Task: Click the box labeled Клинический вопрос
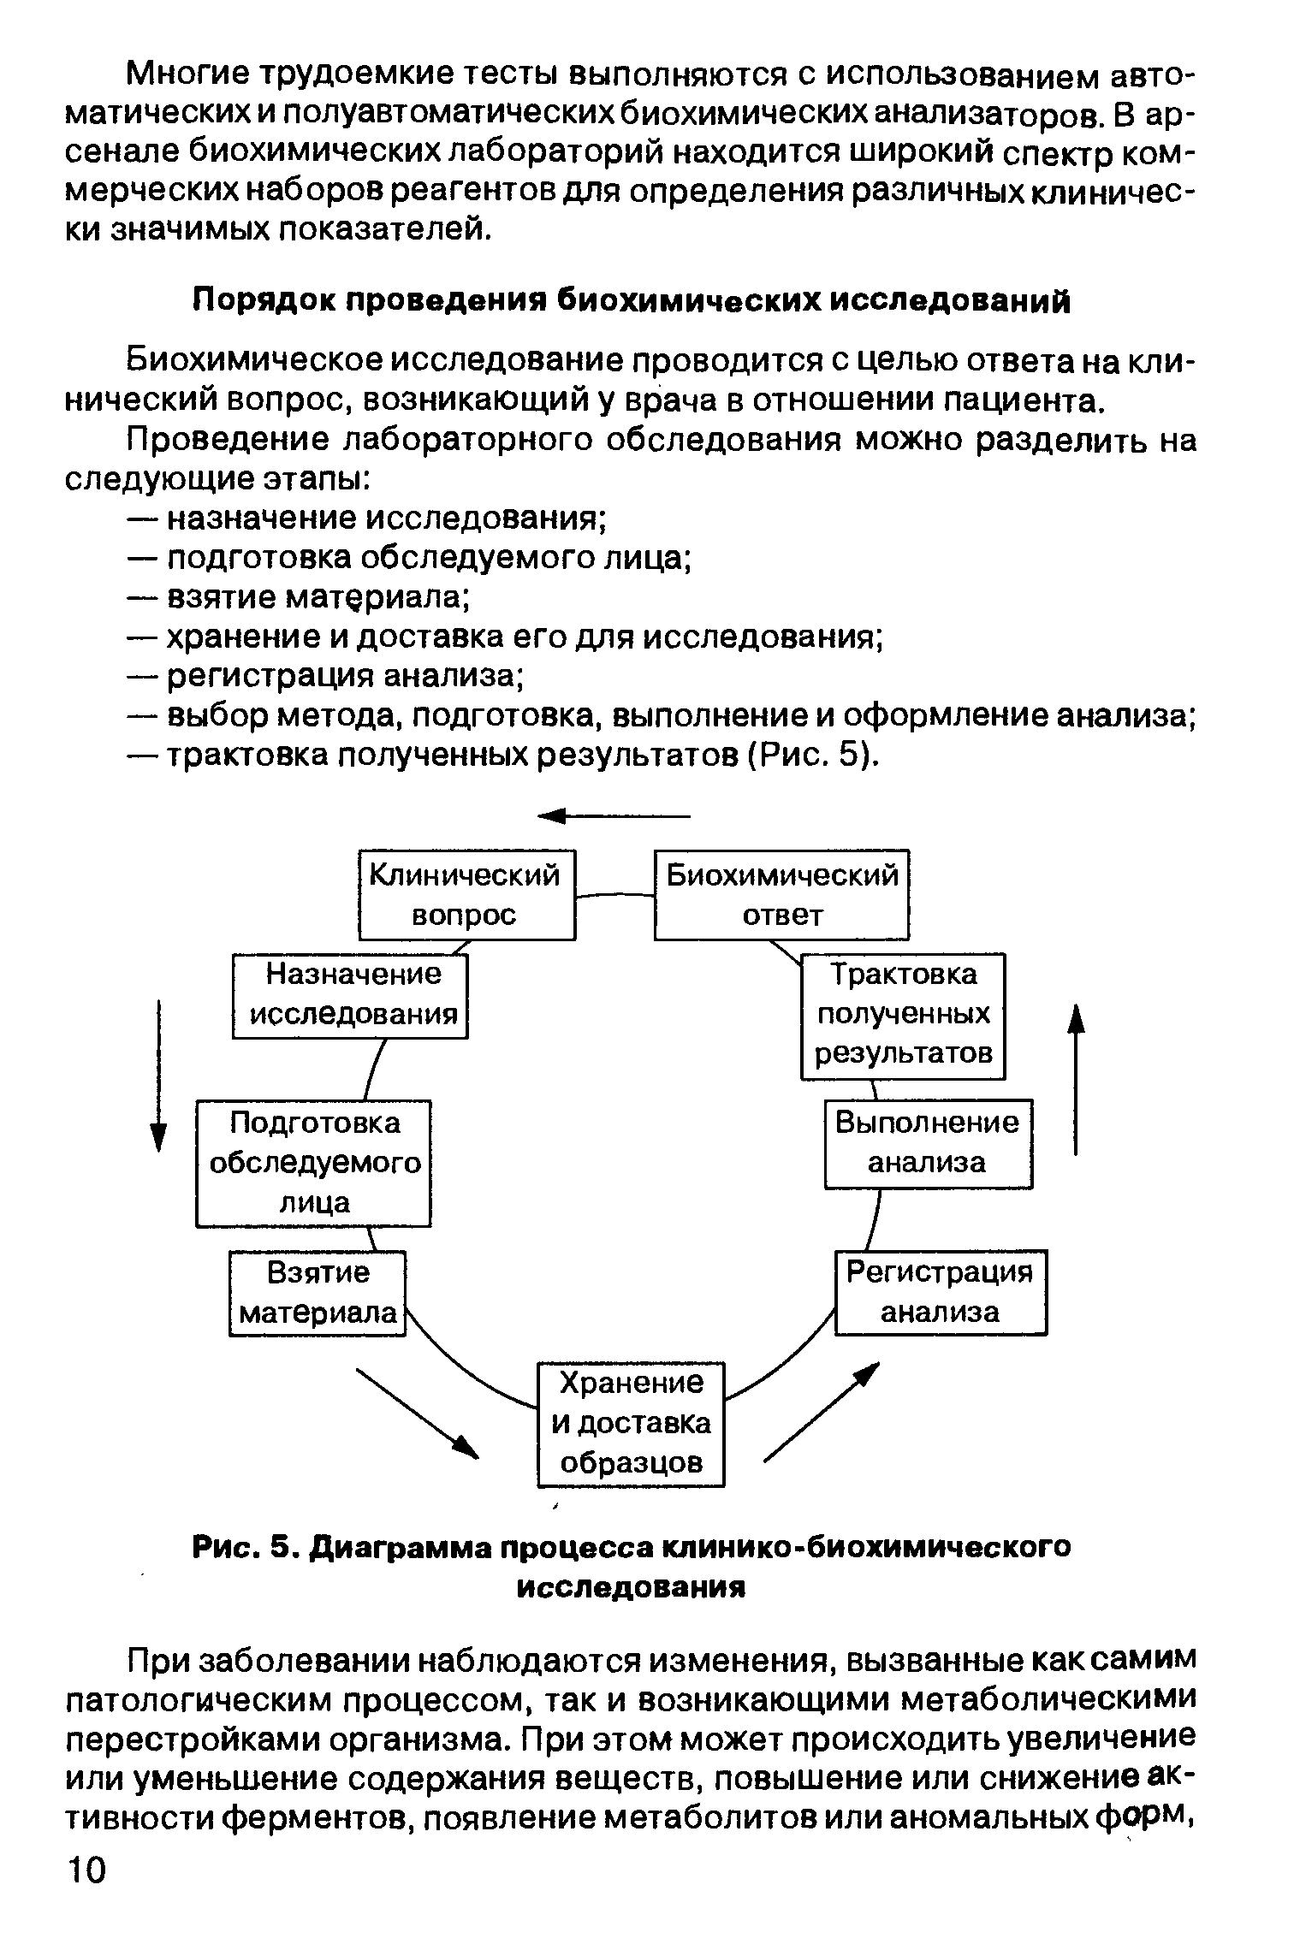tap(466, 894)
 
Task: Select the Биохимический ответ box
tap(781, 894)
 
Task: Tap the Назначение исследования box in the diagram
tap(351, 994)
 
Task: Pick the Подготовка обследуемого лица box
tap(314, 1163)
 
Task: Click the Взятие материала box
tap(318, 1293)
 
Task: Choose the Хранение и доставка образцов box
tap(631, 1424)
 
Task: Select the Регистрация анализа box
tap(940, 1292)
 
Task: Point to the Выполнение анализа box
tap(928, 1143)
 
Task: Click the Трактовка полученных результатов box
tap(903, 1015)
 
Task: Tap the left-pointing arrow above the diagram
tap(613, 817)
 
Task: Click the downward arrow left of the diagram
tap(158, 1076)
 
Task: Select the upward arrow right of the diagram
tap(1076, 1080)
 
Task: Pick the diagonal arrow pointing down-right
tap(418, 1413)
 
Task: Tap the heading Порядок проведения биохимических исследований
tap(631, 300)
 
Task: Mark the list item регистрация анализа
tap(344, 676)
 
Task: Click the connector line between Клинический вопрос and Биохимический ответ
tap(614, 895)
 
